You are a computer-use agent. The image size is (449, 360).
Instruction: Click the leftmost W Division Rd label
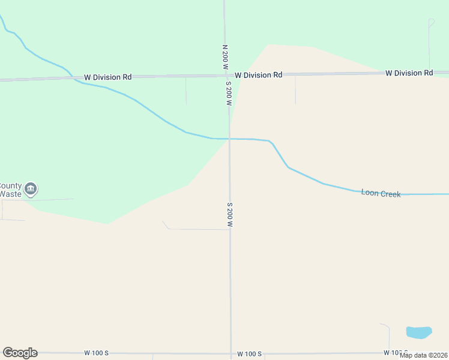click(108, 77)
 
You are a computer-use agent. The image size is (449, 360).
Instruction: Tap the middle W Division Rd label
click(258, 75)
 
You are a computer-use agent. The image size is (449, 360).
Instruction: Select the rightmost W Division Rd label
click(409, 73)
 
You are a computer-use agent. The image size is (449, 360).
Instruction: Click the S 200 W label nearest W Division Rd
click(229, 94)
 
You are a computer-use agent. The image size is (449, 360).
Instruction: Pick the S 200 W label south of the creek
click(229, 214)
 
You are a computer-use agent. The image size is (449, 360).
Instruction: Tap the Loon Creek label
click(381, 193)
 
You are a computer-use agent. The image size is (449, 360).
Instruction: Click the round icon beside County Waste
click(31, 190)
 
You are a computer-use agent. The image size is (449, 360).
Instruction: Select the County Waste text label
click(10, 190)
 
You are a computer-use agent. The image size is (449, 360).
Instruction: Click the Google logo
click(20, 353)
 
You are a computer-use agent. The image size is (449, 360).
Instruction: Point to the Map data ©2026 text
click(424, 355)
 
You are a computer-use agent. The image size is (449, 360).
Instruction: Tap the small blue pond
click(419, 332)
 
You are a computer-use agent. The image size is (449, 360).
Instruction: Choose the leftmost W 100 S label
click(96, 353)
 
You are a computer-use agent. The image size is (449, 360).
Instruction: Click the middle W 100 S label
click(249, 353)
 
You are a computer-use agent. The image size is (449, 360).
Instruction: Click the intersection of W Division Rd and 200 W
click(226, 76)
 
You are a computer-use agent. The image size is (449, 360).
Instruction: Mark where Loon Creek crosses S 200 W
click(229, 139)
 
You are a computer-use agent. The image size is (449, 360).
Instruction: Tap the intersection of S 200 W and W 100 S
click(231, 353)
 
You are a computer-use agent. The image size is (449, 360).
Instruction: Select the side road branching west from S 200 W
click(198, 229)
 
